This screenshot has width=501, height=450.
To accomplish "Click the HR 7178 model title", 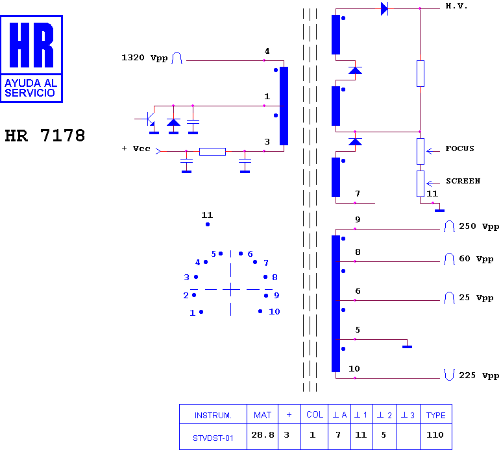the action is tap(45, 136).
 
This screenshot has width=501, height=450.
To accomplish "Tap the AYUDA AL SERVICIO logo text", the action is tap(31, 88).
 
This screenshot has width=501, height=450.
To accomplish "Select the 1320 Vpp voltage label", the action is tap(145, 58).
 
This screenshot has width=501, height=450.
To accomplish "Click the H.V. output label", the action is tap(456, 6).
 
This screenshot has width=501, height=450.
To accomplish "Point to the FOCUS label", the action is tap(459, 148).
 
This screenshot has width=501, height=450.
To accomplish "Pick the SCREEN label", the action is tap(463, 181).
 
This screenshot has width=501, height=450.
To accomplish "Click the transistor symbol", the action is tap(148, 119).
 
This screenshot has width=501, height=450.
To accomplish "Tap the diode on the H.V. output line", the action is tap(384, 8).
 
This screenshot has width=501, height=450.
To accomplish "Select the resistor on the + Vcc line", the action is tap(212, 152).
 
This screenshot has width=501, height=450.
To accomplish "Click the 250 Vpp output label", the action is tap(479, 226).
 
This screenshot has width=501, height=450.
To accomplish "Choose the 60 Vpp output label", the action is tap(476, 259).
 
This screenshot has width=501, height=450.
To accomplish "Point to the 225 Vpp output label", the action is tap(479, 375).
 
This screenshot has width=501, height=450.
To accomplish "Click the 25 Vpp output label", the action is tap(476, 298).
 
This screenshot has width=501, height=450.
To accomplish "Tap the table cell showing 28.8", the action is tap(263, 435).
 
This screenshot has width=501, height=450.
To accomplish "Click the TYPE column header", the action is tap(436, 415).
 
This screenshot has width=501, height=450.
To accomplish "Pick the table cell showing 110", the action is tap(435, 435).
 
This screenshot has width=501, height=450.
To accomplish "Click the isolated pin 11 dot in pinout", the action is tap(208, 224).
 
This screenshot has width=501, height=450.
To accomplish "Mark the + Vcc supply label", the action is tap(136, 148).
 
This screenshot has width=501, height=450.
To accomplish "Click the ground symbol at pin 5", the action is tap(407, 347).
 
